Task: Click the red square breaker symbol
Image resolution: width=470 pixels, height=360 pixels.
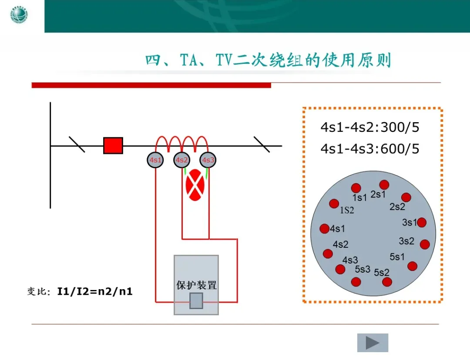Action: [x=113, y=146]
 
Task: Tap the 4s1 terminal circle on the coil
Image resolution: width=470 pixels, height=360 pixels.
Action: [x=155, y=160]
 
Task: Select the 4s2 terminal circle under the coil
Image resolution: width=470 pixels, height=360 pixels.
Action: [x=182, y=160]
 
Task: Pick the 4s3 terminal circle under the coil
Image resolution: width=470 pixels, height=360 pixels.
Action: [x=208, y=160]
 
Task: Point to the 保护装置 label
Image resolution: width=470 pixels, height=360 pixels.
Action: [x=196, y=285]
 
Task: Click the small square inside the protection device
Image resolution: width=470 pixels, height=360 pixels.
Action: [x=196, y=301]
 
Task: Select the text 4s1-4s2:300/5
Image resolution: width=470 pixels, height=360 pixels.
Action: [x=370, y=127]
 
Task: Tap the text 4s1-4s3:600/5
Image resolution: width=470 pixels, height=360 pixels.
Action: [x=370, y=149]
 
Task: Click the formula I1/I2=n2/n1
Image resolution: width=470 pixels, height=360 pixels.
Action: [x=95, y=291]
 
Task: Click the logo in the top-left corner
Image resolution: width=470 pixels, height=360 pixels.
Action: [x=19, y=16]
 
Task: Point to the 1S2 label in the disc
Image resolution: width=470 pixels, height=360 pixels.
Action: [x=347, y=210]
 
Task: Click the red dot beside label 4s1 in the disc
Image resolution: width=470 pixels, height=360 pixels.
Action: [x=324, y=229]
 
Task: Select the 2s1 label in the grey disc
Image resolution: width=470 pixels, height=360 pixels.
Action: [x=378, y=194]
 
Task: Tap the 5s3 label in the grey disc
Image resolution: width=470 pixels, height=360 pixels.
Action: [x=363, y=269]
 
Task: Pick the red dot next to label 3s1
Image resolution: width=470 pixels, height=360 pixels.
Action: [x=421, y=223]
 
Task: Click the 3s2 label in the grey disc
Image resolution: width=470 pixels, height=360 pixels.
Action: [x=406, y=240]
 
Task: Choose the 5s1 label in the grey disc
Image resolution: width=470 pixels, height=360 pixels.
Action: [x=397, y=257]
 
